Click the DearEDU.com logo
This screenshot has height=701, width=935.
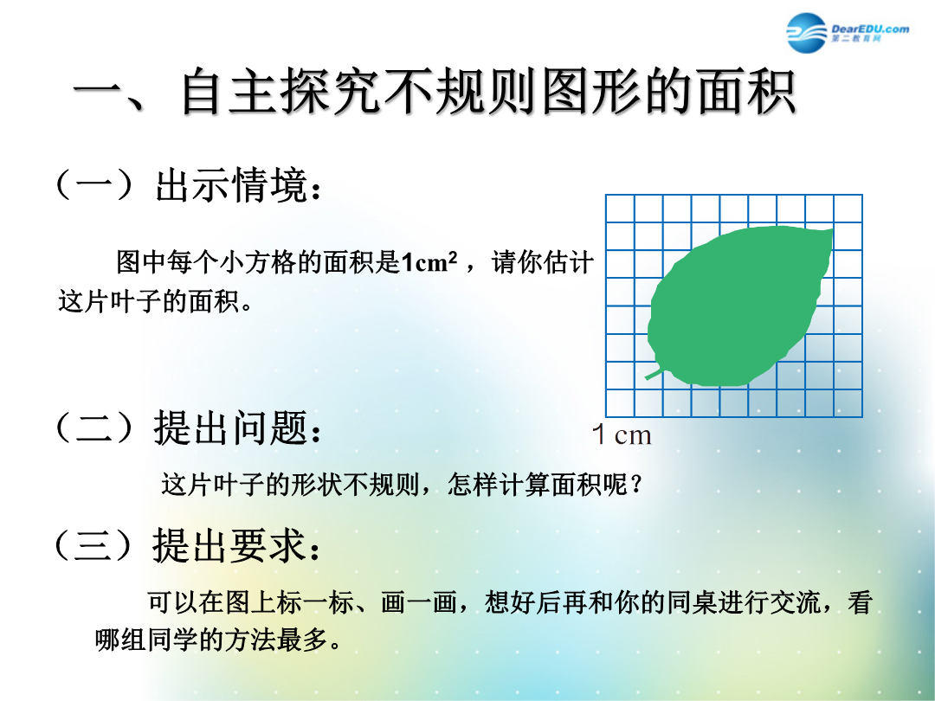click(x=848, y=32)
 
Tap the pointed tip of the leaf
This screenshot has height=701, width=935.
click(x=833, y=229)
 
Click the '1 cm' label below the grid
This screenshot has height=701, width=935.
click(x=622, y=434)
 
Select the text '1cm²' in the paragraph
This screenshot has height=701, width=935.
click(x=429, y=262)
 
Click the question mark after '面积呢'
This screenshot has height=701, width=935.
click(x=635, y=485)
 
